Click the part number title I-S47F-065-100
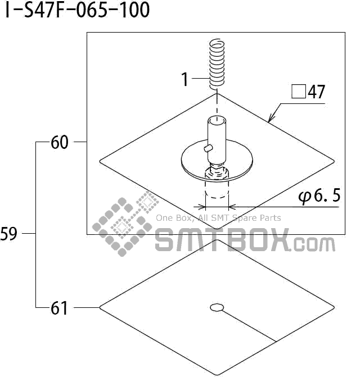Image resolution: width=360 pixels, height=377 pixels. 78,10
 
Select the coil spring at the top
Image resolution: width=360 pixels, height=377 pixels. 217,62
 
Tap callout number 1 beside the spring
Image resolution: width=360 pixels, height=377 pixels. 184,80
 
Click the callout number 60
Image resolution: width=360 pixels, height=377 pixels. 59,143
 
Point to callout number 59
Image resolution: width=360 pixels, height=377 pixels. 9,234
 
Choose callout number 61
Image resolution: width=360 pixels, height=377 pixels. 59,308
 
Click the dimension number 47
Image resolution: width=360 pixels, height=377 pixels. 316,92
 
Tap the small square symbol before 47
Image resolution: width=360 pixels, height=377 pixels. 298,92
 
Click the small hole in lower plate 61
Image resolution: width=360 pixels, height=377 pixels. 217,307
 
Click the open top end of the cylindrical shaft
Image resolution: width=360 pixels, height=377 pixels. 216,120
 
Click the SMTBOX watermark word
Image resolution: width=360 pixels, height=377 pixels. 222,240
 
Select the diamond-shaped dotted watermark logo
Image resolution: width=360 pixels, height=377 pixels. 122,226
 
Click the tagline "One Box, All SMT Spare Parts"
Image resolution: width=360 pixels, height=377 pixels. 218,218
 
